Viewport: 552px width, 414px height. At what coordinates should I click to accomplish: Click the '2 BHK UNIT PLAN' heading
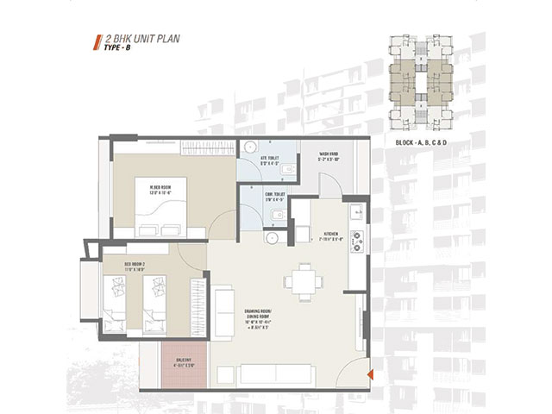[x=141, y=40]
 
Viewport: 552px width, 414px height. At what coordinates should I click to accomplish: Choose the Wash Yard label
[x=329, y=157]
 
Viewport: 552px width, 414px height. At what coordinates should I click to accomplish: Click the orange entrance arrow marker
[x=369, y=373]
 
